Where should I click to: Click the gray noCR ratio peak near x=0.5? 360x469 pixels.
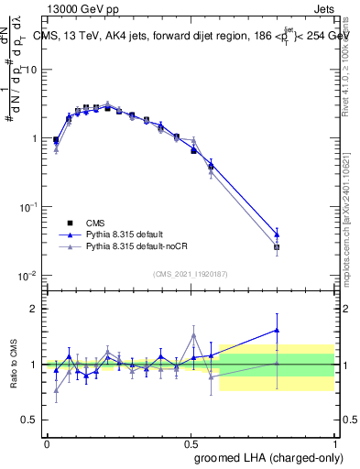[x=193, y=335]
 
